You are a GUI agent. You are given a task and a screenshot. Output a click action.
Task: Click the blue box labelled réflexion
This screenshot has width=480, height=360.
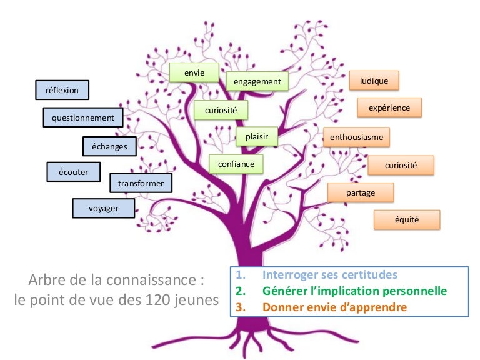(x=62, y=90)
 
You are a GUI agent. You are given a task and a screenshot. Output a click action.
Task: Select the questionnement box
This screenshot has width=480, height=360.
(x=83, y=117)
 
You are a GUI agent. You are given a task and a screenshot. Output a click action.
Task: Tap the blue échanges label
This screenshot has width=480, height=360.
(x=109, y=146)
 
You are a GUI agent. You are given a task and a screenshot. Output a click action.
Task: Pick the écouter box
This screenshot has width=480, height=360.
(x=73, y=171)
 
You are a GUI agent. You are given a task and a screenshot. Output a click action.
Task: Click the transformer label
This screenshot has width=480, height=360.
(x=141, y=183)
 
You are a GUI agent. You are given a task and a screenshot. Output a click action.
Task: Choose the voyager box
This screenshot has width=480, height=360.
(x=104, y=208)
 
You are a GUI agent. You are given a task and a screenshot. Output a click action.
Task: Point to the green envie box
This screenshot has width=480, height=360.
(x=194, y=73)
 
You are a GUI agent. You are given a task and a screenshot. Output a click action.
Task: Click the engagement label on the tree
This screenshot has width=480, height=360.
(x=257, y=82)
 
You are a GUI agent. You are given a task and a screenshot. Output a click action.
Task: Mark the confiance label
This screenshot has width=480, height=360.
(x=236, y=164)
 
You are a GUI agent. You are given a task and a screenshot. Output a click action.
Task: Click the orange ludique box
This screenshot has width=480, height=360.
(x=374, y=81)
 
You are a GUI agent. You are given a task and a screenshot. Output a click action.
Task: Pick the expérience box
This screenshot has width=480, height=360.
(x=389, y=107)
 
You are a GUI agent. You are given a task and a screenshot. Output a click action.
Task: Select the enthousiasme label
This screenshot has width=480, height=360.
(x=357, y=136)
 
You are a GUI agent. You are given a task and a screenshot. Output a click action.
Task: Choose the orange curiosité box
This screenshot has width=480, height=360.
(x=401, y=165)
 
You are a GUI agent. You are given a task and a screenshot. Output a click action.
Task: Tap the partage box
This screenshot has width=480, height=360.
(x=361, y=193)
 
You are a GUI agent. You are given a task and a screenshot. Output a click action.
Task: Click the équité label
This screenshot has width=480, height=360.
(x=407, y=220)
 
